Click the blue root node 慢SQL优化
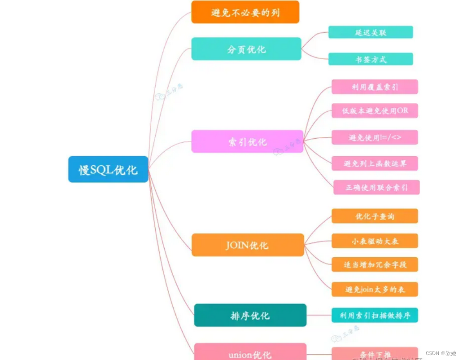[108, 169]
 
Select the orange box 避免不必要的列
[245, 12]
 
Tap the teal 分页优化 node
[246, 49]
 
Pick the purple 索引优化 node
[247, 141]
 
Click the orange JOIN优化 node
[248, 245]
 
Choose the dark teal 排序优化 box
[250, 315]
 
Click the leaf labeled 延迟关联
[371, 32]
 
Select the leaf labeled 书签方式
[371, 59]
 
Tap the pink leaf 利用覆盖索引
[375, 87]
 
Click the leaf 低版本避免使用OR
[375, 111]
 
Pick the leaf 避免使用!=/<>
[375, 137]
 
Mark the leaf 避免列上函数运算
[375, 163]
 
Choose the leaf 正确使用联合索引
[376, 187]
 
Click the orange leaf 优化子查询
[375, 216]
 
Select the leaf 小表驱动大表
[375, 241]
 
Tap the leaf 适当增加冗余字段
[375, 264]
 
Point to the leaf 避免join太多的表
[375, 290]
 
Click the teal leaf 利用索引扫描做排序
[375, 315]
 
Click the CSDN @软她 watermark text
[441, 353]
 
